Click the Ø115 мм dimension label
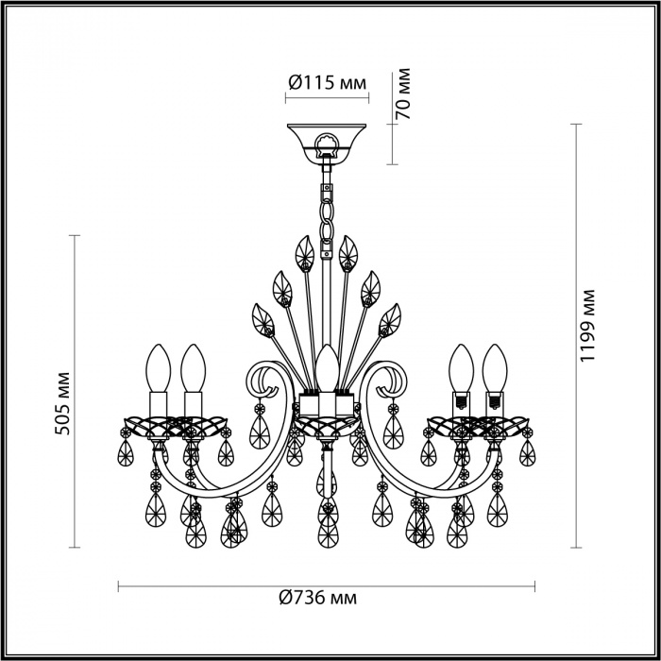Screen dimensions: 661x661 [327, 83]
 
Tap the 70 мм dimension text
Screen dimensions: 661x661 [402, 93]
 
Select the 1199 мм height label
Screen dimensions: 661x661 [586, 326]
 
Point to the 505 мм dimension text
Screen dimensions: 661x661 [63, 403]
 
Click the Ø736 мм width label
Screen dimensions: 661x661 [318, 598]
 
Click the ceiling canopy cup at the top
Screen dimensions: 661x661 [327, 144]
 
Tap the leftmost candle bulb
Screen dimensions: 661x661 [158, 368]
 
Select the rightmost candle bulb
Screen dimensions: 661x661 [495, 368]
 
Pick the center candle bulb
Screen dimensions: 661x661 [328, 368]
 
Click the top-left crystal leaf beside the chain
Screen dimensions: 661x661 [305, 254]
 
